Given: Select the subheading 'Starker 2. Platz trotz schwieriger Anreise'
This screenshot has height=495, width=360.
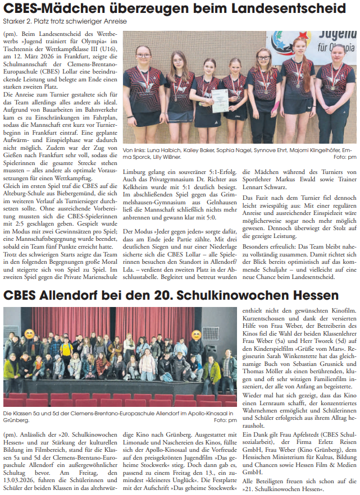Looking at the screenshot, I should (x=65, y=21).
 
